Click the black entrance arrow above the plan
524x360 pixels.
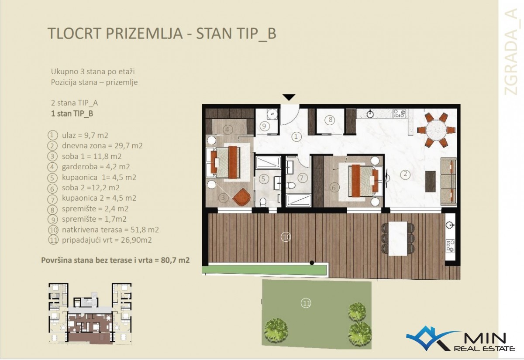(x=289, y=97)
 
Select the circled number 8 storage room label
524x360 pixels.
(x=330, y=120)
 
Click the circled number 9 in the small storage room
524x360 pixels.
(x=264, y=126)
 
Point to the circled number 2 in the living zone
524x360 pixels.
(x=405, y=174)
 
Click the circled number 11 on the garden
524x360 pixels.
(x=306, y=303)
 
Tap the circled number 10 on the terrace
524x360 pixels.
(x=286, y=237)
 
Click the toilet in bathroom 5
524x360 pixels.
(x=263, y=202)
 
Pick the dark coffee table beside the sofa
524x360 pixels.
(x=431, y=182)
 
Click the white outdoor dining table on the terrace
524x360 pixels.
(x=397, y=238)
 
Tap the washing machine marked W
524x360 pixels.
(x=272, y=114)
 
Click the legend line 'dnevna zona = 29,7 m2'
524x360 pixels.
(x=102, y=146)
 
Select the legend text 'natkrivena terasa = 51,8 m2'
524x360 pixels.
(x=110, y=230)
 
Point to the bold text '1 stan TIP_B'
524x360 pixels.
(x=72, y=113)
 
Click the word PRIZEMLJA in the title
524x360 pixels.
(x=144, y=34)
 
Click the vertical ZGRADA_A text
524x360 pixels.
(x=514, y=51)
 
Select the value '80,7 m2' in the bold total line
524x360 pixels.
(x=175, y=260)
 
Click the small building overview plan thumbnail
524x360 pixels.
(x=90, y=314)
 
